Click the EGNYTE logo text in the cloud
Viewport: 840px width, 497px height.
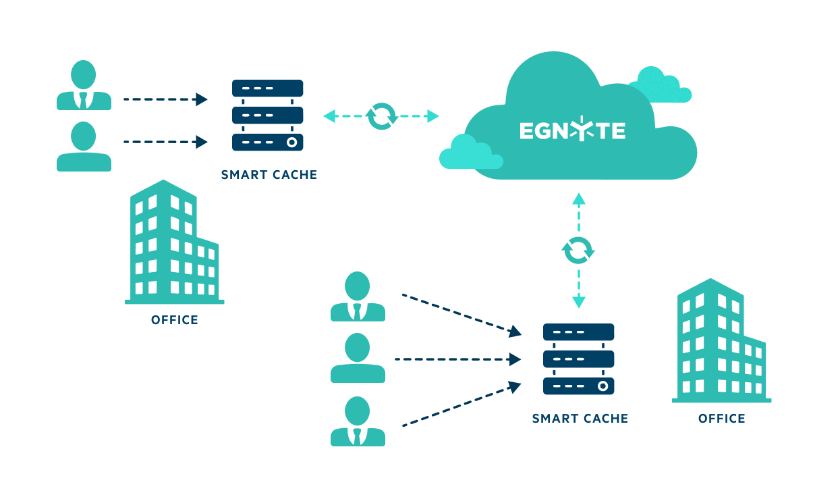point(572,130)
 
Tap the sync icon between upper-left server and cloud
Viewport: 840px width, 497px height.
point(381,116)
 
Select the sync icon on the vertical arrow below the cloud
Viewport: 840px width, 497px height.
point(578,250)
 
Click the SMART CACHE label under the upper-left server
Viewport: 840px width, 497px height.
point(269,175)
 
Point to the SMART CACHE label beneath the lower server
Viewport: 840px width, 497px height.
point(580,419)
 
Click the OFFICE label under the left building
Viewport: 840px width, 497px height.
point(175,320)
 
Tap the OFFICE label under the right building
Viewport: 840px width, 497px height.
point(721,419)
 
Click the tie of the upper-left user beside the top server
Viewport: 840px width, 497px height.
point(84,101)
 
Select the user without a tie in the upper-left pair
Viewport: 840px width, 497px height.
point(84,146)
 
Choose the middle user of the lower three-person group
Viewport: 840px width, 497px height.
point(358,358)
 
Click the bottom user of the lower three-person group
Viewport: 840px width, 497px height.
point(358,421)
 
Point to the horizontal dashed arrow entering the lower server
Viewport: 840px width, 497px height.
point(457,359)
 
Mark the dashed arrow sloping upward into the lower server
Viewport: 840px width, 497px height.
point(461,406)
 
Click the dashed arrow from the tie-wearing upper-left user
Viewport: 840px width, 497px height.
point(165,100)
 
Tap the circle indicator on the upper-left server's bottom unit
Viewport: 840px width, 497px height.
point(291,142)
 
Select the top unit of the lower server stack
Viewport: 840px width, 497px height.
point(578,332)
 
